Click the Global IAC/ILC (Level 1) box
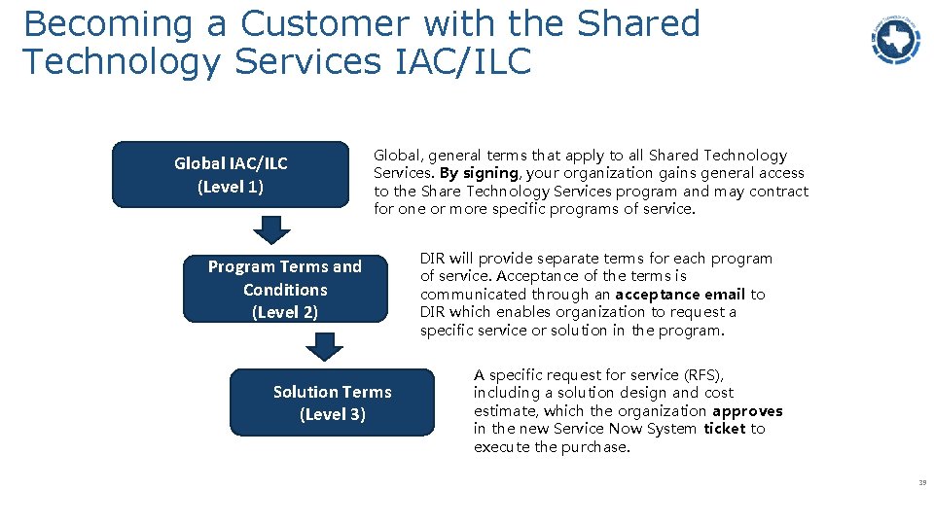pos(231,175)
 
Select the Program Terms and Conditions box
pos(285,289)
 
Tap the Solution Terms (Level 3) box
pos(332,402)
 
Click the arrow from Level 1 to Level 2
pos(272,228)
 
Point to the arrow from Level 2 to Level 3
pos(324,347)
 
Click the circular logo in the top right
pos(895,40)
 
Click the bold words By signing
pos(478,173)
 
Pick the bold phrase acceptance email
pos(680,295)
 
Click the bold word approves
pos(747,411)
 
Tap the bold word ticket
pos(724,429)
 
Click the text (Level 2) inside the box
pos(285,312)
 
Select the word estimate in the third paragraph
pos(506,411)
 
